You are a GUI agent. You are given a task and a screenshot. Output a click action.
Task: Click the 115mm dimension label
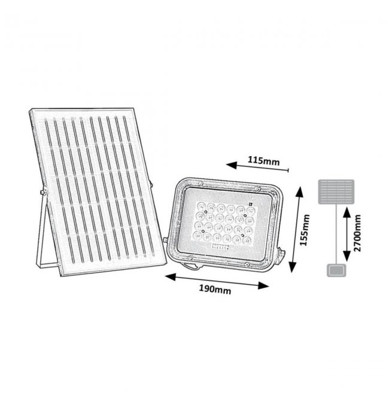(264, 161)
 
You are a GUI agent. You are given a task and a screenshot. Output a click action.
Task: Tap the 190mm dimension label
(215, 290)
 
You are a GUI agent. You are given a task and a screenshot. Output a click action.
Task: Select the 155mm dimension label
(305, 230)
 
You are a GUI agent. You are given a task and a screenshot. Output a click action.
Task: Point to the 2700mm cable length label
(357, 233)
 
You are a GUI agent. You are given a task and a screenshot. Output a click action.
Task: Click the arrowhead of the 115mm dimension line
(232, 165)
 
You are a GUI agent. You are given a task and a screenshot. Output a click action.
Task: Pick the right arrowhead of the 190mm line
(264, 286)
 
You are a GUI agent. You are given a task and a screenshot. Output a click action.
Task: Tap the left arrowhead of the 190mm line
(171, 277)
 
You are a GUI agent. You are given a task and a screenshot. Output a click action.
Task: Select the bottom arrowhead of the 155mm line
(293, 267)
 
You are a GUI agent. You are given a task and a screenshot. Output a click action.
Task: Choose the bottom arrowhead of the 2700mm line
(347, 256)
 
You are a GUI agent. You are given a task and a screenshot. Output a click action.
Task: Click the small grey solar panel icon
(336, 191)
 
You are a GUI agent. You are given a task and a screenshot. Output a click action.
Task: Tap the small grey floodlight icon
(336, 270)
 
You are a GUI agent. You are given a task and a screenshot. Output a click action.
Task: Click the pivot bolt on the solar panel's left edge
(44, 192)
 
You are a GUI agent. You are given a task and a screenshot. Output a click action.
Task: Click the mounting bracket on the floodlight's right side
(280, 255)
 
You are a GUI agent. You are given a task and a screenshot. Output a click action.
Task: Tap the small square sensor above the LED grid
(250, 203)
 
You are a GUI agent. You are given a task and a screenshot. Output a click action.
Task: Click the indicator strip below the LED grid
(220, 247)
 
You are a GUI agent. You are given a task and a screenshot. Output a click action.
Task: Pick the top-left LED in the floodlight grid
(200, 206)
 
